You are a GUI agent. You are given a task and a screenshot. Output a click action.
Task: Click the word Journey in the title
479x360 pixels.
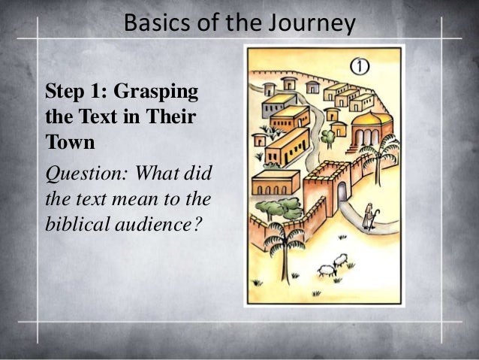(315, 24)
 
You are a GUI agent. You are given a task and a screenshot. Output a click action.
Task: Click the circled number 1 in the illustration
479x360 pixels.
(360, 66)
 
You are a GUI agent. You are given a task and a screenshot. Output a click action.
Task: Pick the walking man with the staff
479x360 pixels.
(369, 214)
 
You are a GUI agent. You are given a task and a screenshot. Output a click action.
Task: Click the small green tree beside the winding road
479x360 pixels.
(327, 136)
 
